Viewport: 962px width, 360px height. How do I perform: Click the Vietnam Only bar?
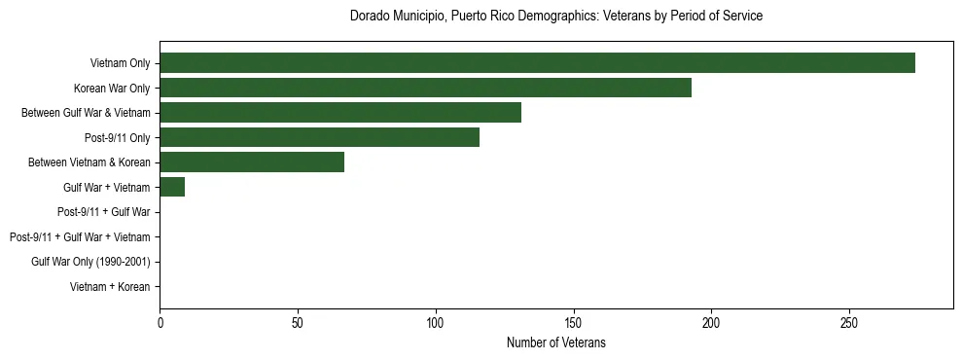(x=537, y=63)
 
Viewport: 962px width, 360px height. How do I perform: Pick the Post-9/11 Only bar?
(x=319, y=137)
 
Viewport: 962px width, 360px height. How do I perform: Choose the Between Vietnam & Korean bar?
(x=252, y=162)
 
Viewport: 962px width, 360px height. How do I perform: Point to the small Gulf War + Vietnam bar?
(x=172, y=187)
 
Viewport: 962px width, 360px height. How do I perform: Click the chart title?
(x=555, y=17)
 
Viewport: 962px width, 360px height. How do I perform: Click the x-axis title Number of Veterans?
(x=555, y=342)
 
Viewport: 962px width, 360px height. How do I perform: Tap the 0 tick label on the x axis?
(x=160, y=322)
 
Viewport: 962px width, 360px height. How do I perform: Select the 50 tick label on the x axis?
(x=298, y=322)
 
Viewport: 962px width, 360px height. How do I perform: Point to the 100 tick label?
(x=436, y=322)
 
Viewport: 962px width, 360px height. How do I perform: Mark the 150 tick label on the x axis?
(x=574, y=322)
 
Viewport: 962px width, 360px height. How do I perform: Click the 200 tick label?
(x=711, y=322)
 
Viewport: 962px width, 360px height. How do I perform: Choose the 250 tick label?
(x=849, y=322)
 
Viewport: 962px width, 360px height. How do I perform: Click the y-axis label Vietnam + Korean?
(x=110, y=287)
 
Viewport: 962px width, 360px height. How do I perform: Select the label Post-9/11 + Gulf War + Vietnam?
(x=80, y=237)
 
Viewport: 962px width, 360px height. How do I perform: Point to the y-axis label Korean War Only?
(x=112, y=89)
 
